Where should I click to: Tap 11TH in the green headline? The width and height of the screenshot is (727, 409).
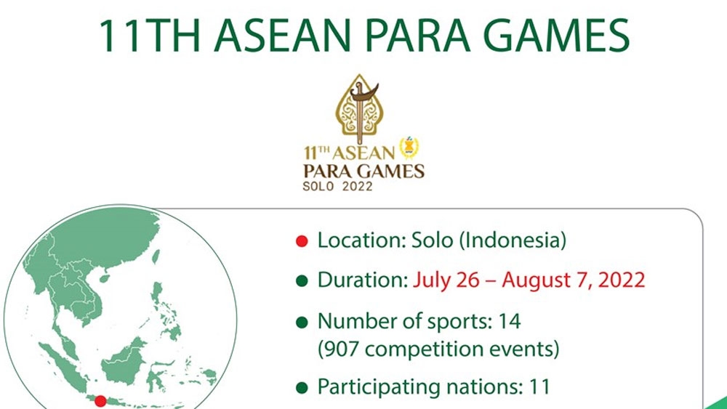pyautogui.click(x=149, y=35)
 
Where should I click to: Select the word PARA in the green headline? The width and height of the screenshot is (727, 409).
pyautogui.click(x=417, y=35)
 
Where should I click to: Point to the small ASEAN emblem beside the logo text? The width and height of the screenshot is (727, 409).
pyautogui.click(x=409, y=147)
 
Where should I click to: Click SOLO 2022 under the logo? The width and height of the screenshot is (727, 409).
pyautogui.click(x=337, y=186)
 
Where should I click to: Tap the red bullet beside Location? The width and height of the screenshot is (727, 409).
pyautogui.click(x=302, y=241)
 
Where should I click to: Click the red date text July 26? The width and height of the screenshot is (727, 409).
pyautogui.click(x=446, y=280)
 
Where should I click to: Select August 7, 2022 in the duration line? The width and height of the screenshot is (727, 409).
pyautogui.click(x=573, y=280)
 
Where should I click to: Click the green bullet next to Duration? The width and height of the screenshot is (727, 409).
pyautogui.click(x=302, y=281)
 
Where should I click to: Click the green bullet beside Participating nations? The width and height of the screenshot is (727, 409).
pyautogui.click(x=302, y=388)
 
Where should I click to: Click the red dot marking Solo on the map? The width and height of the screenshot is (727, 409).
pyautogui.click(x=100, y=401)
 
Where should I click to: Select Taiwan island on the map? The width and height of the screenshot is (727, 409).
pyautogui.click(x=156, y=256)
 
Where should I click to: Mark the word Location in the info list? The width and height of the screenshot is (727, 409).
pyautogui.click(x=361, y=240)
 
